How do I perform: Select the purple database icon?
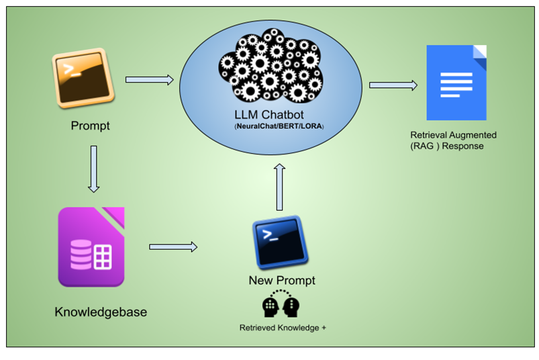91,247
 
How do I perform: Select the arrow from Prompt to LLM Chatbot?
149,80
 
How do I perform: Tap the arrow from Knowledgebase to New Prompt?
173,246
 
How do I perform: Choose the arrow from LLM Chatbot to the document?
393,85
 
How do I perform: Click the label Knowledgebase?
101,312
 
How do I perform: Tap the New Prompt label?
281,280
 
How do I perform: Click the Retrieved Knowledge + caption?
283,328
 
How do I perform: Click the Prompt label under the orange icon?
90,126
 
